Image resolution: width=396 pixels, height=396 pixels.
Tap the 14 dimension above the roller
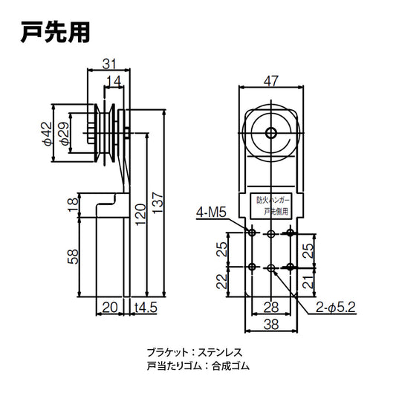(114, 81)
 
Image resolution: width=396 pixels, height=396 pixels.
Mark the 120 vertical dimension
(141, 213)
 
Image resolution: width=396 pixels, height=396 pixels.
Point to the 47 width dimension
(271, 79)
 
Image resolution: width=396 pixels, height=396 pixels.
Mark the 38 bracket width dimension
(271, 324)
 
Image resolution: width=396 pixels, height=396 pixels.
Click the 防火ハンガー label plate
(271, 206)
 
